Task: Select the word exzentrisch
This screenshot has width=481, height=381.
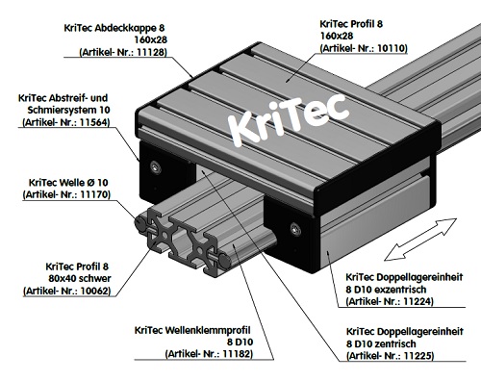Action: [409, 287]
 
